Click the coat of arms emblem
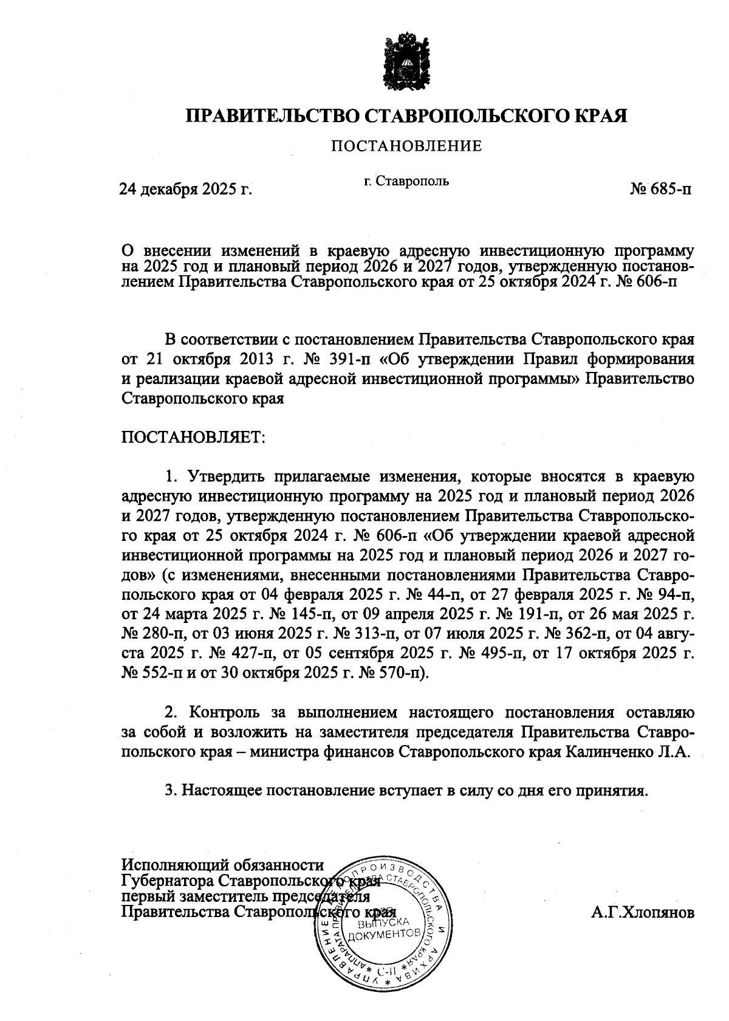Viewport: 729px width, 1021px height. [x=405, y=65]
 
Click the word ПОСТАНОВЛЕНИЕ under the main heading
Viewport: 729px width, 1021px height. [x=406, y=146]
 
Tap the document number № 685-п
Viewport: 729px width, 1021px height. [x=660, y=189]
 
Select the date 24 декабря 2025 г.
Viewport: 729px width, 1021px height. [x=185, y=190]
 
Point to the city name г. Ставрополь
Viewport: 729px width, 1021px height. [x=406, y=180]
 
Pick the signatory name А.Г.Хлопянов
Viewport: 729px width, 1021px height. [x=642, y=913]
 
